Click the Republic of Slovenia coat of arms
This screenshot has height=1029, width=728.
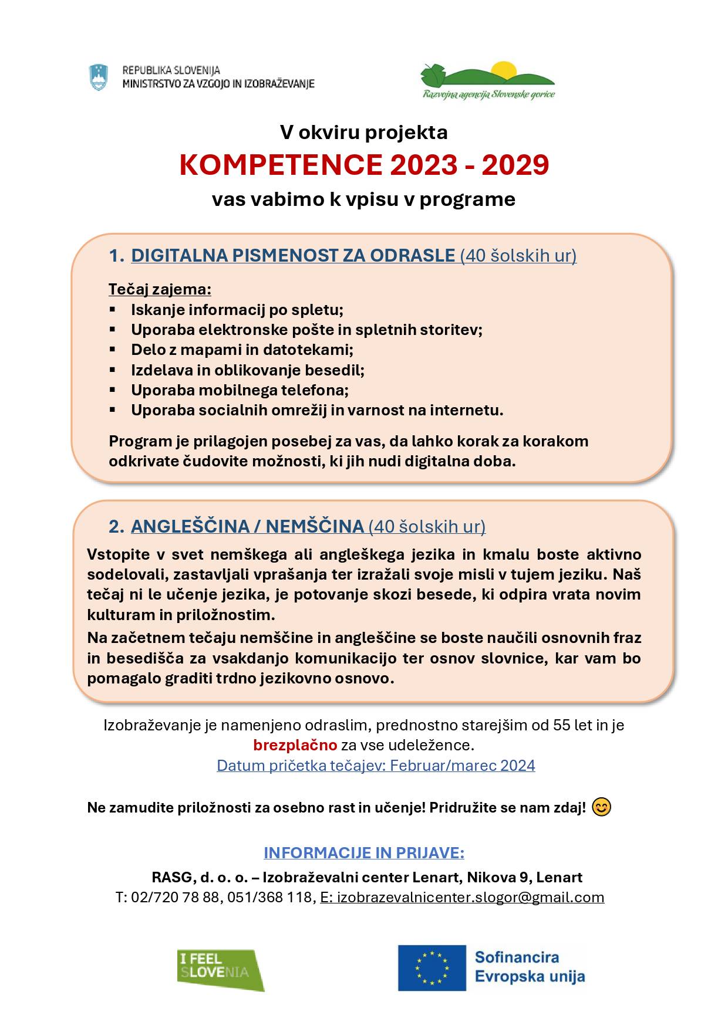98,77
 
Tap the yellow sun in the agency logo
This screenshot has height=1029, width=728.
503,70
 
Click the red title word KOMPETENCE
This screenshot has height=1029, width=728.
281,165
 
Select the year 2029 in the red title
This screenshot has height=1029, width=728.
515,165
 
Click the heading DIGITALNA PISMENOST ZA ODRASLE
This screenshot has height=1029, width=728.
292,256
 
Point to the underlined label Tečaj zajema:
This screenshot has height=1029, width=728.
160,289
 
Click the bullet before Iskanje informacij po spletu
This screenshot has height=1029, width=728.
112,309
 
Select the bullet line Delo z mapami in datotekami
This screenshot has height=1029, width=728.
242,350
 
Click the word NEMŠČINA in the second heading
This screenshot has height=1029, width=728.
315,526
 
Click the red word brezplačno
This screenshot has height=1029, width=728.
295,745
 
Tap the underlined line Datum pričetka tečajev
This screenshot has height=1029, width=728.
376,766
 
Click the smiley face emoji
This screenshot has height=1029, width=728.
601,807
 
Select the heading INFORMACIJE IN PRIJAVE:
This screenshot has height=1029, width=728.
364,852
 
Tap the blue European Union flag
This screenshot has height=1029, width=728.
432,967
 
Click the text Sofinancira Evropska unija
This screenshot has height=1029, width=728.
530,967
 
